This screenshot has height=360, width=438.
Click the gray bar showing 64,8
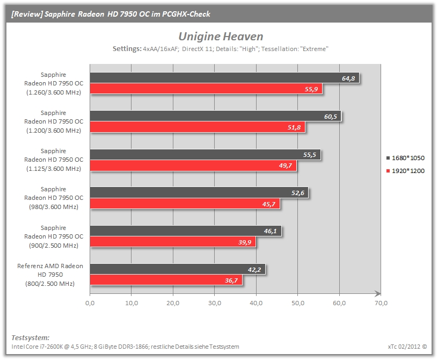coord(224,78)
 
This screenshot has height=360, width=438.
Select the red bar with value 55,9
coord(206,89)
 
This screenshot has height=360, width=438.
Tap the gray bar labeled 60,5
coord(216,116)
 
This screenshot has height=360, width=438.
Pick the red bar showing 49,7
coord(193,165)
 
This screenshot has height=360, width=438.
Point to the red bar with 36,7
coord(166,280)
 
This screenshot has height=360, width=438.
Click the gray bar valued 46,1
coord(186,231)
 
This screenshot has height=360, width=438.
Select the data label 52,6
coord(298,193)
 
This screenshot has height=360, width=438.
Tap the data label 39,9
coord(245,242)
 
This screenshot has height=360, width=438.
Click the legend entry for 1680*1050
coord(405,158)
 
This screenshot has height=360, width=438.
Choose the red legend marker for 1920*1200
coord(388,171)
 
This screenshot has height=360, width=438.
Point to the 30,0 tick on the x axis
coord(215,303)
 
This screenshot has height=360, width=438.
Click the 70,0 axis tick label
coord(381,303)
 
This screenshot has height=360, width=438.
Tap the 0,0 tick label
coord(90,303)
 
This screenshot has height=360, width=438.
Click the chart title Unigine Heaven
coord(221,37)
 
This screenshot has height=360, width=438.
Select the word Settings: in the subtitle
coord(127,49)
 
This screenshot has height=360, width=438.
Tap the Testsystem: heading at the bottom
coord(31,337)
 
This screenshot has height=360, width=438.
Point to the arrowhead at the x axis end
coord(378,294)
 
